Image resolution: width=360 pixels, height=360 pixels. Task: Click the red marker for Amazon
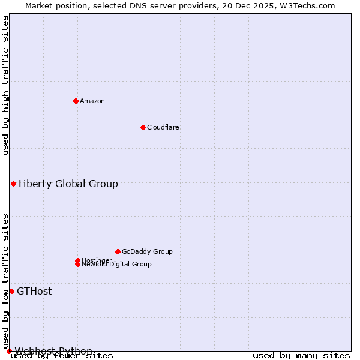[76, 101]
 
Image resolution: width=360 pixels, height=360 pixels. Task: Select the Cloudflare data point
[143, 127]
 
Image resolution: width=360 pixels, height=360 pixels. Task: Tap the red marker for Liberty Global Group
[13, 184]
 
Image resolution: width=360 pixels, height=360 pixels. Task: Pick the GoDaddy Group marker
[118, 251]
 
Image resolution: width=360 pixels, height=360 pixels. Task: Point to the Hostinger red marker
[77, 260]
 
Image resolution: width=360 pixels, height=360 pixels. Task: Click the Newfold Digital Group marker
[77, 265]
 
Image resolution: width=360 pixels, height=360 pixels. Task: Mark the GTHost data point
[11, 291]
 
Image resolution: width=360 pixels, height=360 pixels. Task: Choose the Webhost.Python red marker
[9, 351]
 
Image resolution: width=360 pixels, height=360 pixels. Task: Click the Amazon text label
[92, 101]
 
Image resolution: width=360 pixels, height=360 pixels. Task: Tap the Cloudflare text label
[163, 127]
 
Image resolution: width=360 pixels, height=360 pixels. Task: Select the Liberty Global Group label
[68, 184]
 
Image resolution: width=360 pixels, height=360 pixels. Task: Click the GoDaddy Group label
[147, 251]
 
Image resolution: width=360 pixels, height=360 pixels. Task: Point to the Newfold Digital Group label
[117, 265]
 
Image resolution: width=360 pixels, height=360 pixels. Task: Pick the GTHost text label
[34, 291]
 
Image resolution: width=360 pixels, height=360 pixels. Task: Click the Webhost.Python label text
[53, 351]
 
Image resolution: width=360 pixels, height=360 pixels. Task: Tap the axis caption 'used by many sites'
[301, 356]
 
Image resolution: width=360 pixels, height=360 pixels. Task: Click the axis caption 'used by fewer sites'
[62, 356]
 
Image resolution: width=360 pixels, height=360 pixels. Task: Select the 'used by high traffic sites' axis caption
[5, 85]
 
